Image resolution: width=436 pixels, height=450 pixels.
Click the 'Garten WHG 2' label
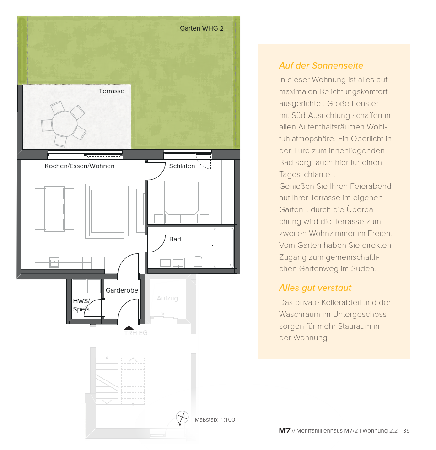point(201,28)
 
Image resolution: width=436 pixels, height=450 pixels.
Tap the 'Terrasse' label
point(111,91)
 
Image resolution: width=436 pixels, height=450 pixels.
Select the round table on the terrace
point(65,124)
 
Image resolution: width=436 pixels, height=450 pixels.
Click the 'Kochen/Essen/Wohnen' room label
point(80,166)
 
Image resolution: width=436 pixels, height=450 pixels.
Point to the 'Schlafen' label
point(182,166)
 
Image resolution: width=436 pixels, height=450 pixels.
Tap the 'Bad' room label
point(175,239)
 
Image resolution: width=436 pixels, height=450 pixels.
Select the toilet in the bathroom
point(198,262)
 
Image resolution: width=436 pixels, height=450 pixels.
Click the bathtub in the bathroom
point(224,248)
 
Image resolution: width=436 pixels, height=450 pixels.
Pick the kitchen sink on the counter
point(54,262)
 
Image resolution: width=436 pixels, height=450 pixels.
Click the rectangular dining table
point(54,209)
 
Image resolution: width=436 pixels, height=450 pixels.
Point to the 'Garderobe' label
point(122,290)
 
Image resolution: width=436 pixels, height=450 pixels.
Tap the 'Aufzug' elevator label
point(167,299)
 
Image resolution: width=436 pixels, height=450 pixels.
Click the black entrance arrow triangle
point(129,327)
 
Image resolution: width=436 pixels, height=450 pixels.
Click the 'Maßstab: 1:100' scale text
point(215,419)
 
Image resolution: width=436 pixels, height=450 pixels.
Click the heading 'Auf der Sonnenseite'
point(321,66)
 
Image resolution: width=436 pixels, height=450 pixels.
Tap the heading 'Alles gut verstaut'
point(315,288)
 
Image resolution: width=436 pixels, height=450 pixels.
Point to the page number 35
point(406,430)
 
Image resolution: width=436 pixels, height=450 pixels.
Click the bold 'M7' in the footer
point(285,430)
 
